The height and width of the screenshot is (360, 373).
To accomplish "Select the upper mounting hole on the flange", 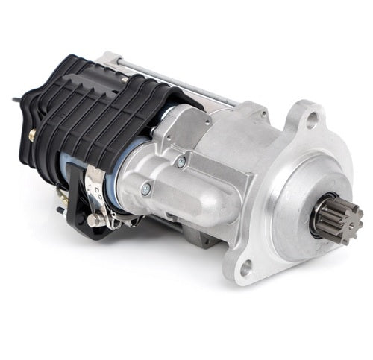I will (312, 117).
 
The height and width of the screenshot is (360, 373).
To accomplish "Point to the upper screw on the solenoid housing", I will (181, 161).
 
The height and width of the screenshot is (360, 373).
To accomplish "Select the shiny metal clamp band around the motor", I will (95, 195).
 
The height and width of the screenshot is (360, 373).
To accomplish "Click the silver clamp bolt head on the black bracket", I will (92, 221).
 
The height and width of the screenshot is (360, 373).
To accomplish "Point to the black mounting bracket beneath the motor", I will (75, 216).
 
